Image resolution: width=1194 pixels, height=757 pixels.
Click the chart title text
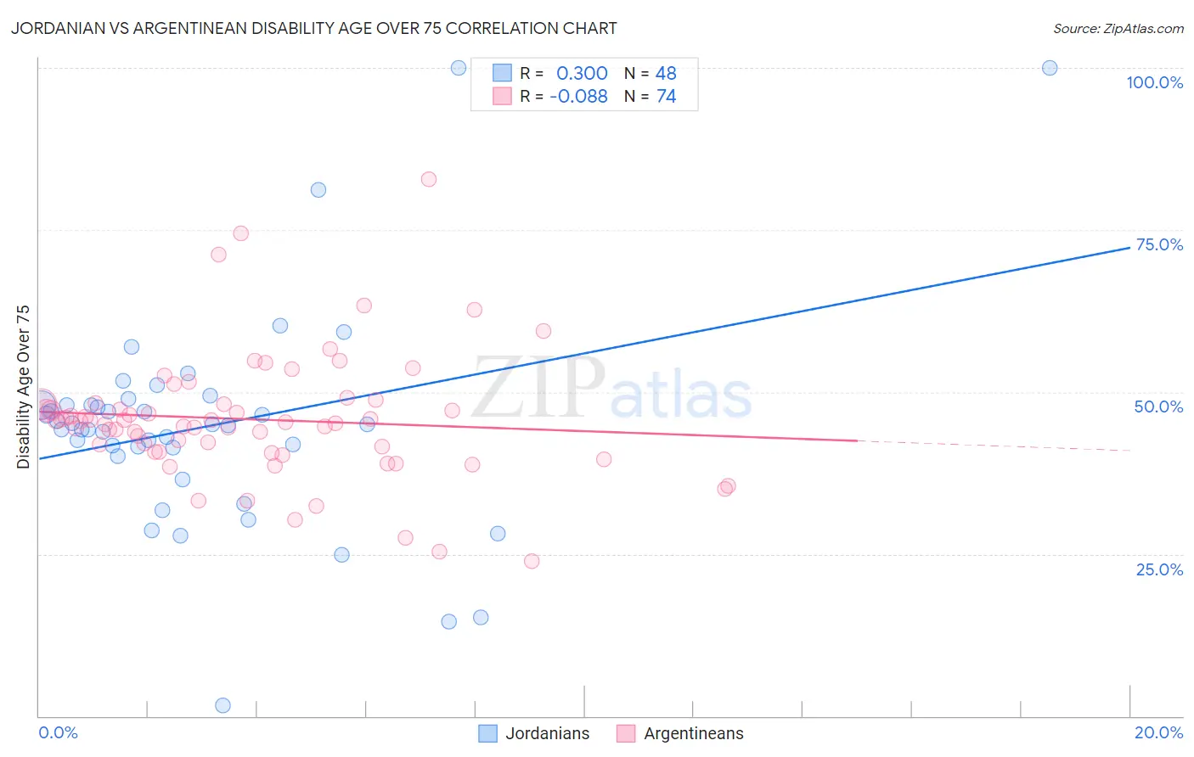313,28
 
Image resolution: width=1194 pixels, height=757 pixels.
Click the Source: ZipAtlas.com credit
1118,28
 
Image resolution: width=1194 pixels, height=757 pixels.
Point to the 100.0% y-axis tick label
1154,82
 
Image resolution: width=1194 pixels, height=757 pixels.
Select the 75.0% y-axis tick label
1158,244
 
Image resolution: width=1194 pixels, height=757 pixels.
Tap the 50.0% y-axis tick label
1158,407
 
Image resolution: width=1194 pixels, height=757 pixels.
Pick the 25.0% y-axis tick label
1158,569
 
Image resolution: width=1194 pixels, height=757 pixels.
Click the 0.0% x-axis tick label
58,732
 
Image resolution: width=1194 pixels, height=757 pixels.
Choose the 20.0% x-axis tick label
1158,732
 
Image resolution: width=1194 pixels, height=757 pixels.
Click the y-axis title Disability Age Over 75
24,387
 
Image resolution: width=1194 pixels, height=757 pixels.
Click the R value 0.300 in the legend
582,73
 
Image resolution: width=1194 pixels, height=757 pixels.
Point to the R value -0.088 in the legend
578,96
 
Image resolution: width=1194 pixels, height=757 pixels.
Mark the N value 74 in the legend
666,96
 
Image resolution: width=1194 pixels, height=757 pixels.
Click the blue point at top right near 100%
1050,68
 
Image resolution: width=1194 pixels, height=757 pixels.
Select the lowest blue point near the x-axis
222,705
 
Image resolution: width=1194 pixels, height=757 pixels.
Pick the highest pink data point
429,179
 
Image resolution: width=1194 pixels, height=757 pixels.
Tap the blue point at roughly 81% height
318,190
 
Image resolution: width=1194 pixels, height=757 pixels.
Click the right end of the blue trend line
1129,247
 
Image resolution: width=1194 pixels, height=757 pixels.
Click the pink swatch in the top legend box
503,96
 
